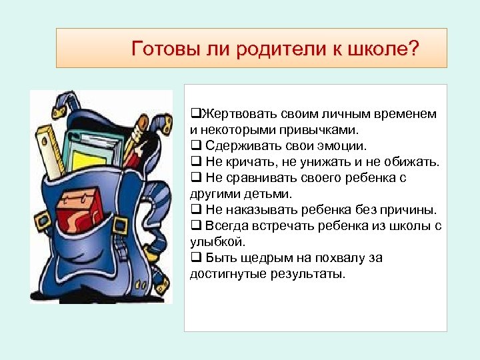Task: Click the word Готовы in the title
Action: (x=157, y=49)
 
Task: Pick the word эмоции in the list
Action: (x=338, y=146)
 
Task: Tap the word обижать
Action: (x=411, y=162)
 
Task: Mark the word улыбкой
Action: (x=217, y=242)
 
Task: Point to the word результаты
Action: (x=309, y=274)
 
